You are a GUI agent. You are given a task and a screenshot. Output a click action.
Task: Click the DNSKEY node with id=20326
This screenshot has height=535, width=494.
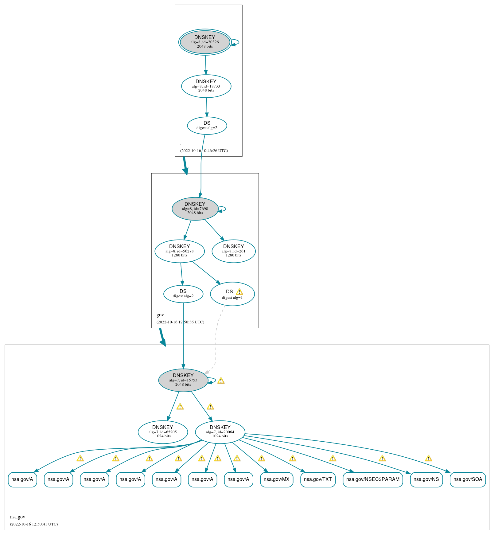coord(205,42)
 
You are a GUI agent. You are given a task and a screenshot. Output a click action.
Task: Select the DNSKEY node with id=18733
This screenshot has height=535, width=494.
coord(206,86)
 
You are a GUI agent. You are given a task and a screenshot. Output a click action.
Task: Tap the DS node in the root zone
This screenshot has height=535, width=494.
coord(207,125)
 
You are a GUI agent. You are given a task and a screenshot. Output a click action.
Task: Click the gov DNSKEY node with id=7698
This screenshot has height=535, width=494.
coord(195,209)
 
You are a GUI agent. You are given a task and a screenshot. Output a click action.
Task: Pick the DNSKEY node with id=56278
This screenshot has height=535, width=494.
coord(179,251)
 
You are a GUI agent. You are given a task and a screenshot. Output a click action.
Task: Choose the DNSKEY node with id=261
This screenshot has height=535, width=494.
coord(233,251)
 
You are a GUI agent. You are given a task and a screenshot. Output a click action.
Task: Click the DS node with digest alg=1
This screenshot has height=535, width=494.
coord(232,294)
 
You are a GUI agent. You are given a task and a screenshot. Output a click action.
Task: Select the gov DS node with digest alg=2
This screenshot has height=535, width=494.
coord(183,294)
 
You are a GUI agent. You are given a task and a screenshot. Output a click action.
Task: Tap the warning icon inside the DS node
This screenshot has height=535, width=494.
coord(239,292)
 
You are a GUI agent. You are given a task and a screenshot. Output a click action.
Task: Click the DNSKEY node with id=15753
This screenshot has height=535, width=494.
coord(183,380)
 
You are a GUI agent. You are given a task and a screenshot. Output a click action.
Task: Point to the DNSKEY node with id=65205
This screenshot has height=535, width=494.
coord(163,432)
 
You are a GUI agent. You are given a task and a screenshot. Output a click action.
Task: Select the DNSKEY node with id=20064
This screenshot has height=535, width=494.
coord(220,432)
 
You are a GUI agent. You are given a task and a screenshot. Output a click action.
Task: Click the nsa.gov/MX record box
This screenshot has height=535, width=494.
coord(276,479)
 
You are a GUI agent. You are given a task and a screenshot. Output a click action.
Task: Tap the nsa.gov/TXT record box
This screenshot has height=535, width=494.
coord(318,479)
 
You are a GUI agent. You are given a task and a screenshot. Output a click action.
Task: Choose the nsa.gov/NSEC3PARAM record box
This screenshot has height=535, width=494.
coord(373,479)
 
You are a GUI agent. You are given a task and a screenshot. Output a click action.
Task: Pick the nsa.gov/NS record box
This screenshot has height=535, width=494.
coord(426,479)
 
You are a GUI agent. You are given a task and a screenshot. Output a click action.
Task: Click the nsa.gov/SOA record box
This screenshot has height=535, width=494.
coord(468,479)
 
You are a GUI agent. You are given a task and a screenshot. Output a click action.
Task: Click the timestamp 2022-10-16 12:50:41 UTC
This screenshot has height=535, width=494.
coord(34,524)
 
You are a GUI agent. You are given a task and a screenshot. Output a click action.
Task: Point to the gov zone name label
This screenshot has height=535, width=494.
coord(160,315)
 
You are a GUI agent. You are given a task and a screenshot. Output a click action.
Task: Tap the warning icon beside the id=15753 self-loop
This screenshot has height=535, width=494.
coord(221,381)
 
